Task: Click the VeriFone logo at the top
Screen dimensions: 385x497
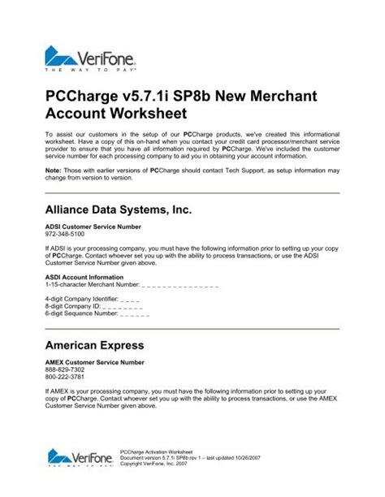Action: tap(90, 59)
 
